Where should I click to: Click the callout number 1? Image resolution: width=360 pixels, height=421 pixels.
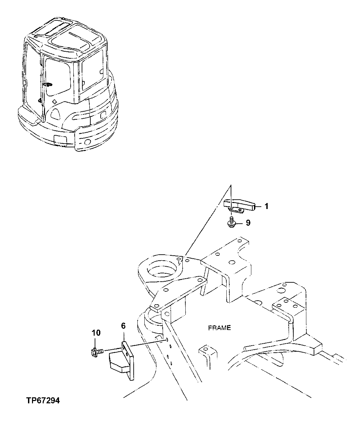click(266, 206)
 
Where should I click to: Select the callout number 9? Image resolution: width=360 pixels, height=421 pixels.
click(248, 223)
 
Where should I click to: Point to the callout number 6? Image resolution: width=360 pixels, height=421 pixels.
click(123, 326)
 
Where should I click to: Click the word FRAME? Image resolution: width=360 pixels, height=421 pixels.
click(219, 328)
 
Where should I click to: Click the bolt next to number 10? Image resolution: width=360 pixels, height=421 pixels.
click(96, 351)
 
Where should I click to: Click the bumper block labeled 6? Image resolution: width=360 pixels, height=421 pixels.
click(122, 362)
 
